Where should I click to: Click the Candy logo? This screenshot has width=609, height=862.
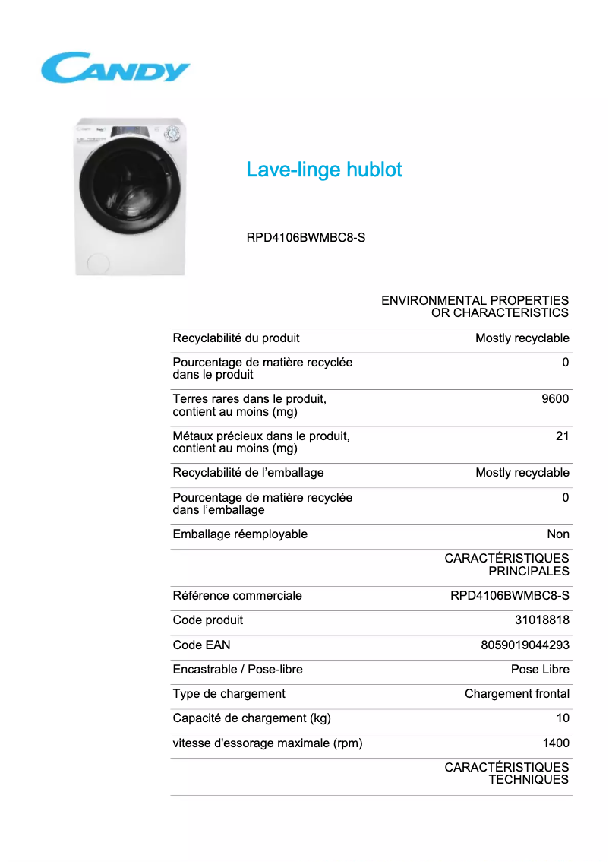point(115,68)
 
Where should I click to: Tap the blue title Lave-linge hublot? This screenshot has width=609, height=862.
point(324,170)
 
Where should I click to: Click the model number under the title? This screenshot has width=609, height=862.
point(306,237)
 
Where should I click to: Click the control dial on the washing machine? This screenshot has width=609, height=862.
point(172,133)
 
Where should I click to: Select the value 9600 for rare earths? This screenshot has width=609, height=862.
point(555,399)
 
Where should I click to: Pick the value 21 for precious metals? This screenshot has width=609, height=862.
point(562,436)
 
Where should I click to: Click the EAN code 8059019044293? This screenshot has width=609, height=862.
point(525,645)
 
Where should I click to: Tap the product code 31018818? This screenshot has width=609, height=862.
point(542,620)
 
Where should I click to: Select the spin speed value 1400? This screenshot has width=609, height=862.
point(555,743)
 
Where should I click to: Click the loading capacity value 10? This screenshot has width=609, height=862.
point(562,718)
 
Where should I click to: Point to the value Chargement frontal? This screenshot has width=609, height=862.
point(516,693)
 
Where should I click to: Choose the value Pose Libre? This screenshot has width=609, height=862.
point(540,669)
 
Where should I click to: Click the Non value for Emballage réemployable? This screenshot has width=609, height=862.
point(558,534)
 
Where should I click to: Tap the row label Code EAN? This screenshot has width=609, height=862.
point(201,645)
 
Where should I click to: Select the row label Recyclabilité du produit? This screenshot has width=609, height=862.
point(236,338)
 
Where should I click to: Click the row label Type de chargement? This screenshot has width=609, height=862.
point(229,693)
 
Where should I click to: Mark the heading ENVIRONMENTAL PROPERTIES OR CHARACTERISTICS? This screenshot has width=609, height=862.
point(475,306)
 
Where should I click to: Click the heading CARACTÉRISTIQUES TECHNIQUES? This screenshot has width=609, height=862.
point(506,773)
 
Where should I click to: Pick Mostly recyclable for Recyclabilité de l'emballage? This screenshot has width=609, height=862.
point(522,473)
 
